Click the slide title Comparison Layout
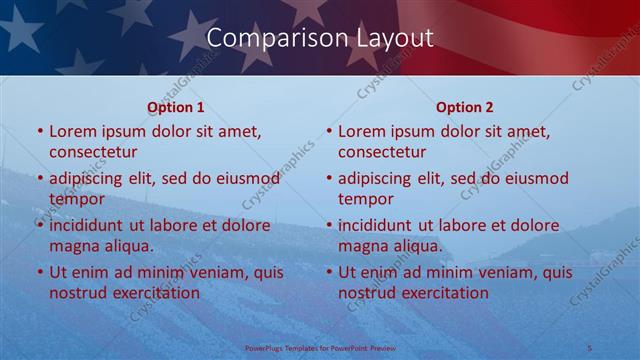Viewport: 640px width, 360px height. tap(320, 38)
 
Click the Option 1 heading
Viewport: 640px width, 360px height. tap(176, 107)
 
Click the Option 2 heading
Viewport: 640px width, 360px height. tap(465, 107)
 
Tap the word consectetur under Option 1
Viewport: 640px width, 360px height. tap(93, 152)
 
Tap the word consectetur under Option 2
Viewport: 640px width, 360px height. tap(382, 152)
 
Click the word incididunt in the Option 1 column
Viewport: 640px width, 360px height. tap(89, 226)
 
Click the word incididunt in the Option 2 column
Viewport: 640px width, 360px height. tap(378, 226)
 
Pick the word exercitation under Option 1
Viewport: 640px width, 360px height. tap(155, 293)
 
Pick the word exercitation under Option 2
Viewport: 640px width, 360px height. tap(444, 293)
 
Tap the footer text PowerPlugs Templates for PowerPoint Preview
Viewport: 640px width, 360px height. tap(320, 348)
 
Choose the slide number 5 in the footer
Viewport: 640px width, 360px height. tap(590, 348)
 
